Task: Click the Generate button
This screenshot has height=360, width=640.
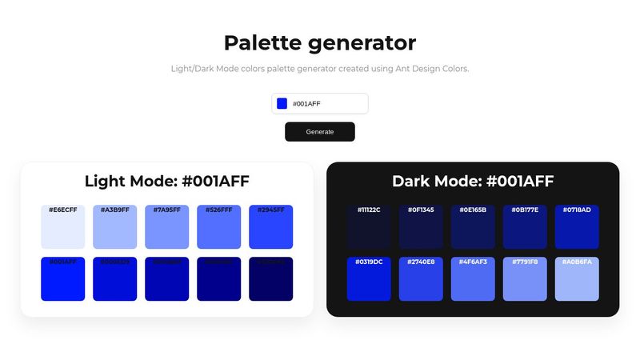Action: point(319,132)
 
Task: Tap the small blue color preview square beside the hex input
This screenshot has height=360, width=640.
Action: point(282,103)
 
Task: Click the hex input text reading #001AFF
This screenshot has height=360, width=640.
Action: point(307,104)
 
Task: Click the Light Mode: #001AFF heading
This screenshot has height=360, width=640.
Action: point(166,182)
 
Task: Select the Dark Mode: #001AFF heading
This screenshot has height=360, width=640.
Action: point(473,182)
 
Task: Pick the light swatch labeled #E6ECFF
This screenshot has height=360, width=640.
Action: point(62,227)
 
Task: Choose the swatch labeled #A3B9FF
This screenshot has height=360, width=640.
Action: point(114,227)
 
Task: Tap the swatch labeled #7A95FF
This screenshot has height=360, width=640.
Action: point(166,227)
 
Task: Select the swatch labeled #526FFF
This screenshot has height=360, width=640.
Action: point(218,227)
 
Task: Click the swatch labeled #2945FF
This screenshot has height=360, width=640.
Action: point(270,227)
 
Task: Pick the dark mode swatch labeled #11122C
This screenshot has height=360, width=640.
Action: point(369,227)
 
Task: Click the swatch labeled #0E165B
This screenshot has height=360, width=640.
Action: point(473,227)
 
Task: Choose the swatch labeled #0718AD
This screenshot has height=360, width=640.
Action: point(577,227)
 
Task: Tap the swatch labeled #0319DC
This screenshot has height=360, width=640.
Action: point(369,279)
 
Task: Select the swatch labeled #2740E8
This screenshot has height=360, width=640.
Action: point(421,279)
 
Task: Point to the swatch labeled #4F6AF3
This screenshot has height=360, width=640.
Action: point(473,279)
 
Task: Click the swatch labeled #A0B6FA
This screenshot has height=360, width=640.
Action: point(577,279)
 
